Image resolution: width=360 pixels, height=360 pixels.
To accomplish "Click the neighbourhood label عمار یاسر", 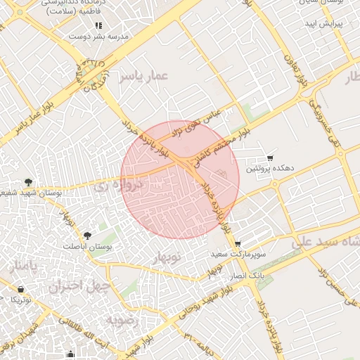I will pyautogui.click(x=144, y=75).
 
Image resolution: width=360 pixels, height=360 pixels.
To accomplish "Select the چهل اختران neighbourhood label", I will pyautogui.click(x=76, y=287).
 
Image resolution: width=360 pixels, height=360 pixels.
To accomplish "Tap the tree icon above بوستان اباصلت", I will pyautogui.click(x=87, y=236).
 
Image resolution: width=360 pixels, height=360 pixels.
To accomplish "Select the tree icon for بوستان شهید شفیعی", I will pyautogui.click(x=28, y=183).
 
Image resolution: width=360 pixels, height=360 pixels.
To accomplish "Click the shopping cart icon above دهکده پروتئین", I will pyautogui.click(x=271, y=158).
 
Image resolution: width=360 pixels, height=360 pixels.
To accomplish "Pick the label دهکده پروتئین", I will pyautogui.click(x=270, y=169).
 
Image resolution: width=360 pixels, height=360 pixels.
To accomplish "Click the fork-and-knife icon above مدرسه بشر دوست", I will pyautogui.click(x=98, y=25).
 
